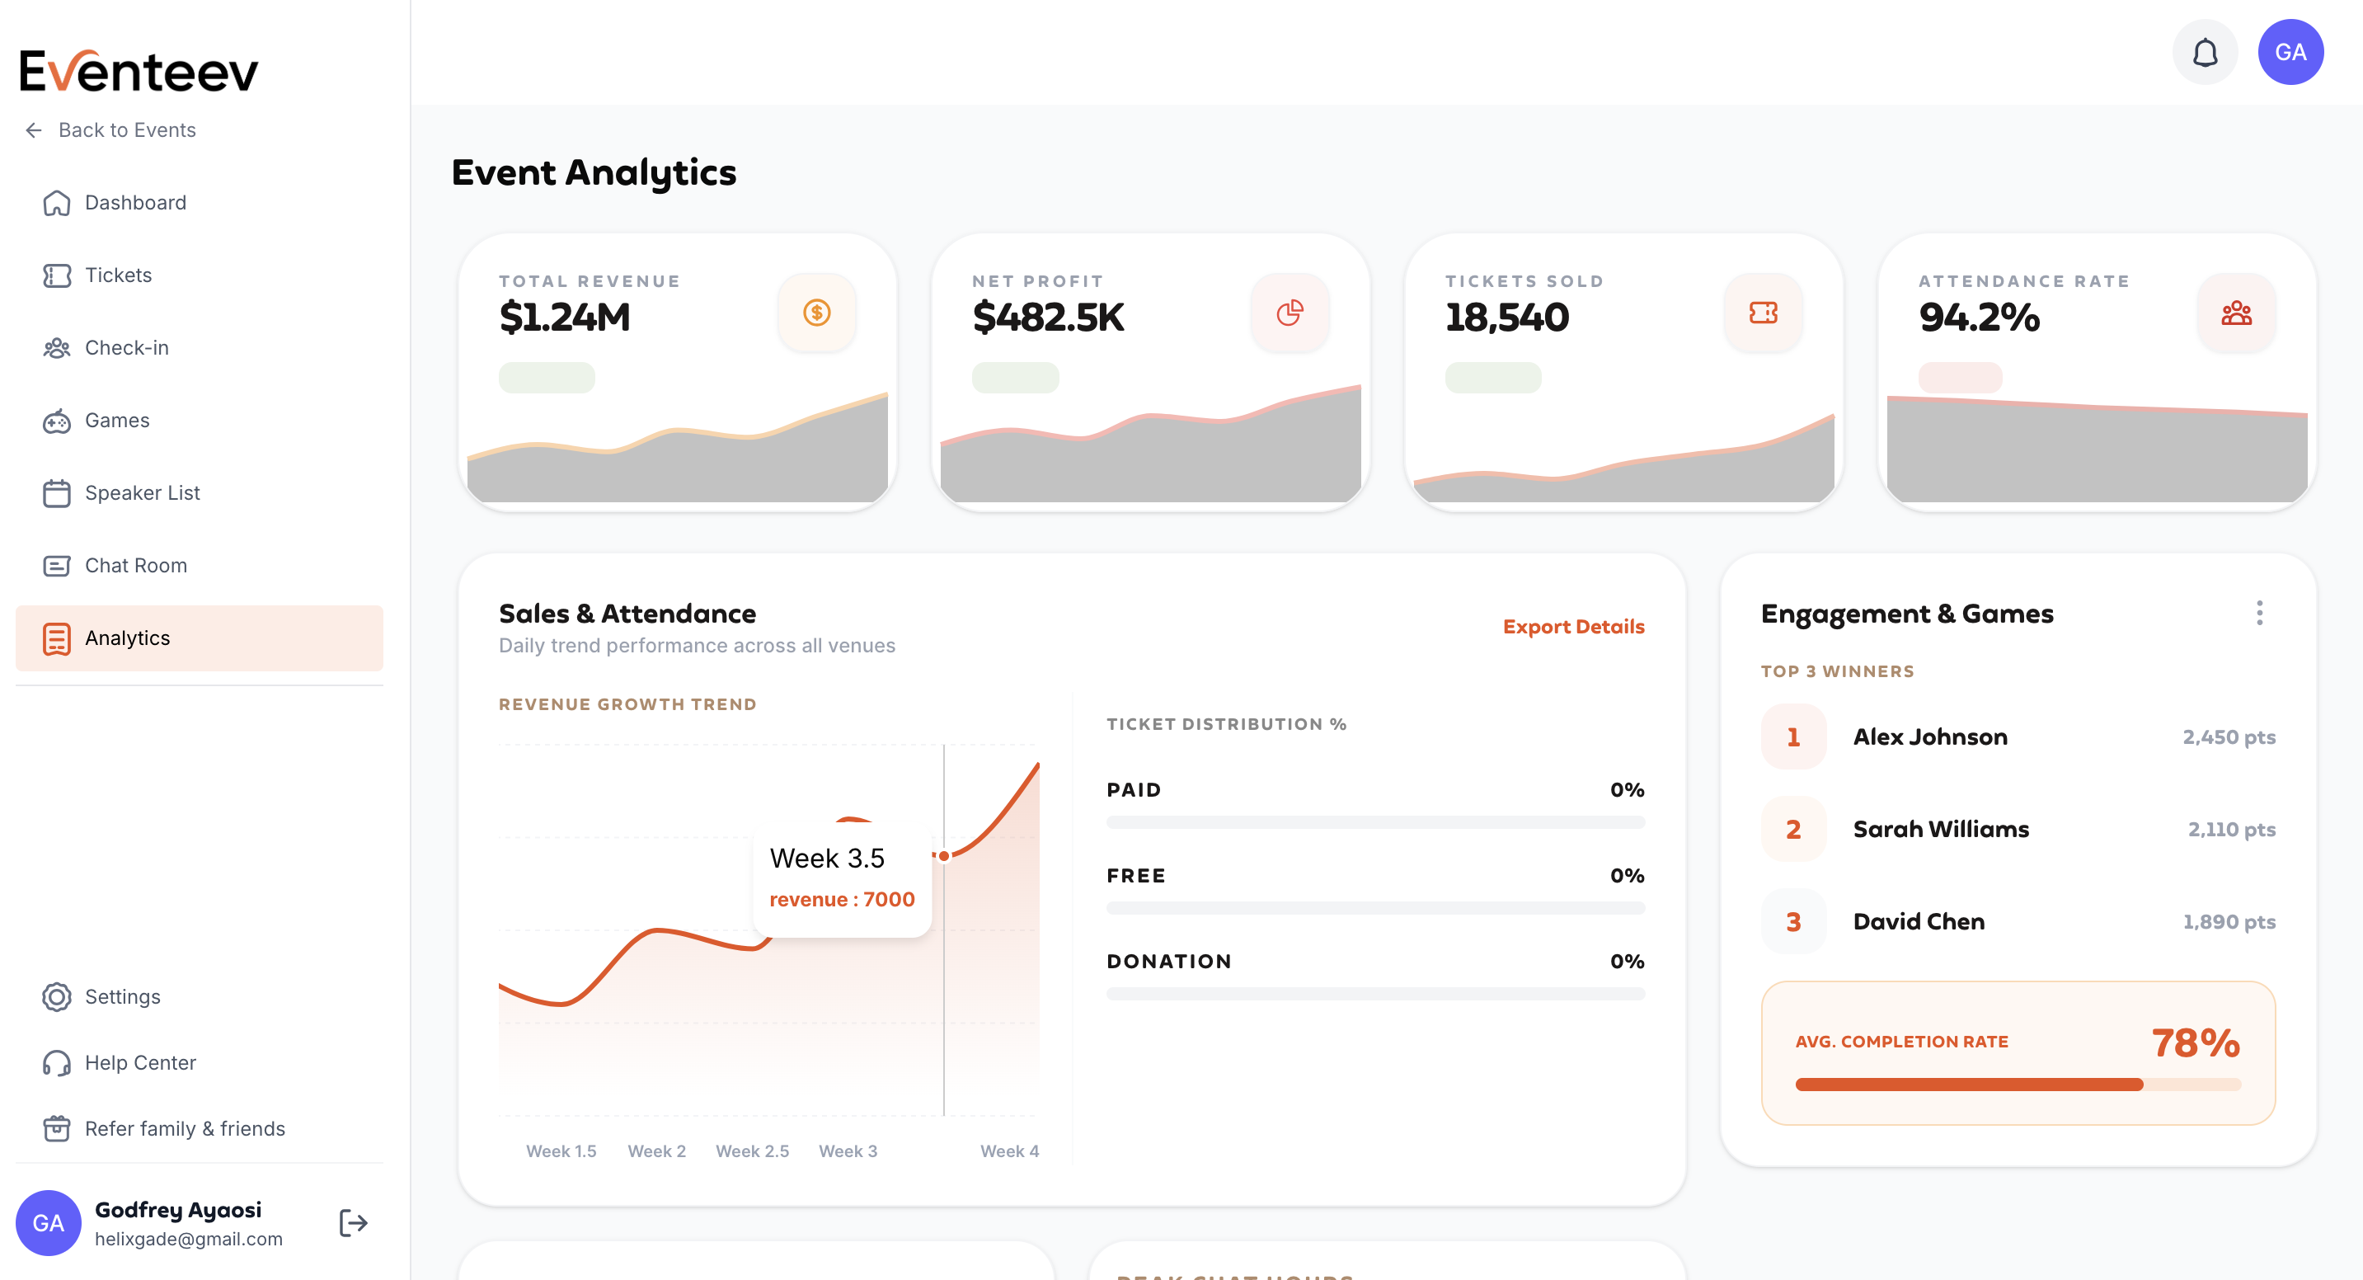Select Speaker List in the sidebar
click(141, 492)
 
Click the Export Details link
click(1573, 627)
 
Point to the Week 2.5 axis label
click(752, 1151)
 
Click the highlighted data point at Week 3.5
click(944, 856)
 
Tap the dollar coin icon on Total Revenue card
click(816, 313)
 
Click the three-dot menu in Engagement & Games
click(2259, 613)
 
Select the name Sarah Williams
click(1941, 830)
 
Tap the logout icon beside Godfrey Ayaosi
click(353, 1223)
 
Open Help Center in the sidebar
click(139, 1062)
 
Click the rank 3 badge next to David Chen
click(1793, 922)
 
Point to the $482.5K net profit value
click(1048, 318)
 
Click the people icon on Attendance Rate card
click(2236, 313)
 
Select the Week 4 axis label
click(1009, 1151)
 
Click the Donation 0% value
click(1627, 962)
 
